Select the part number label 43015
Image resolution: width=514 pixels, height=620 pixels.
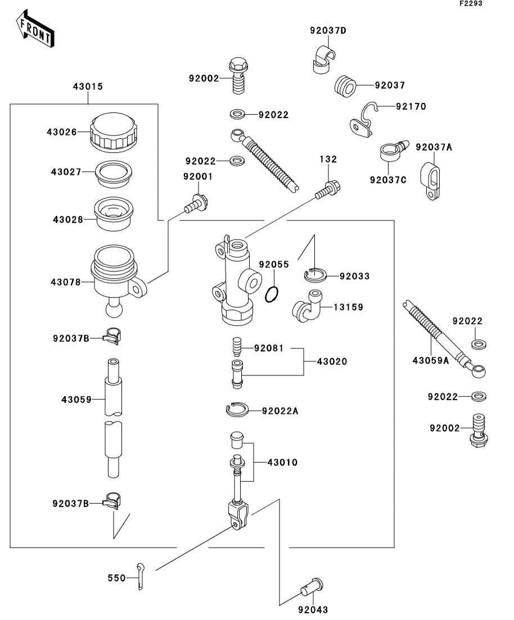click(88, 87)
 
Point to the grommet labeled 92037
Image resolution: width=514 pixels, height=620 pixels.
click(346, 86)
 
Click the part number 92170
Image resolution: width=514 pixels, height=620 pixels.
click(411, 106)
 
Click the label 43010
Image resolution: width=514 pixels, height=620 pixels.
click(282, 463)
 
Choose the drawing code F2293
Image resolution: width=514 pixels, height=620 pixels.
click(471, 3)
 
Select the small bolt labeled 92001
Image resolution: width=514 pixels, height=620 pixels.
click(196, 203)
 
